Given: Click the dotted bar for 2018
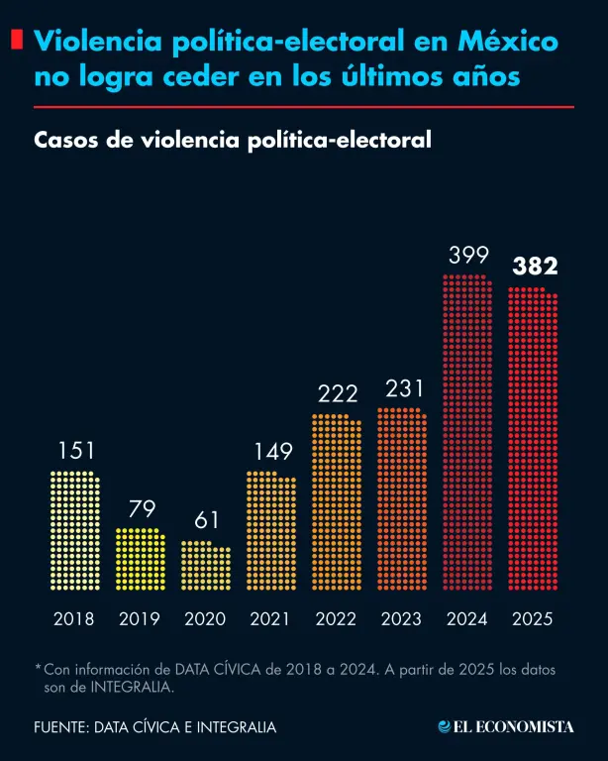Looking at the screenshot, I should [x=74, y=530].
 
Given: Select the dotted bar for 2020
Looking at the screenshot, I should [x=205, y=565].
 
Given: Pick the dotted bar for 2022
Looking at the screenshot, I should [x=337, y=501].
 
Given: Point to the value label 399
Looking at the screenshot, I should [x=467, y=256].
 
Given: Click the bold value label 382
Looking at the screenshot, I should [x=534, y=267].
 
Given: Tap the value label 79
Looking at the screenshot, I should [x=141, y=509].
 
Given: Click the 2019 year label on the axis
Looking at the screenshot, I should [x=140, y=619].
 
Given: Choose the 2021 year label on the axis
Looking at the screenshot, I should [x=270, y=619].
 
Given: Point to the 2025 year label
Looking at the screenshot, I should [x=533, y=619].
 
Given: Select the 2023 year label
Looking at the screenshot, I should [x=401, y=619].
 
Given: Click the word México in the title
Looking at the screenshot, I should [x=508, y=42].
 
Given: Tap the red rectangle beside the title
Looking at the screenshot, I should [x=17, y=41].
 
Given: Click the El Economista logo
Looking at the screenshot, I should [x=506, y=727].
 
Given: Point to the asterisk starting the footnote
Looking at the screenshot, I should [x=38, y=669].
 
